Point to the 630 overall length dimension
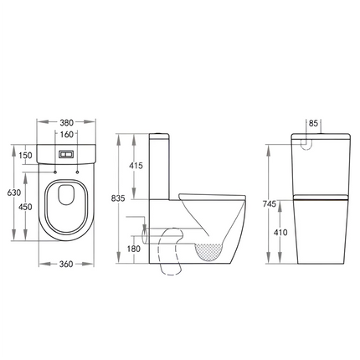coord(13,192)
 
